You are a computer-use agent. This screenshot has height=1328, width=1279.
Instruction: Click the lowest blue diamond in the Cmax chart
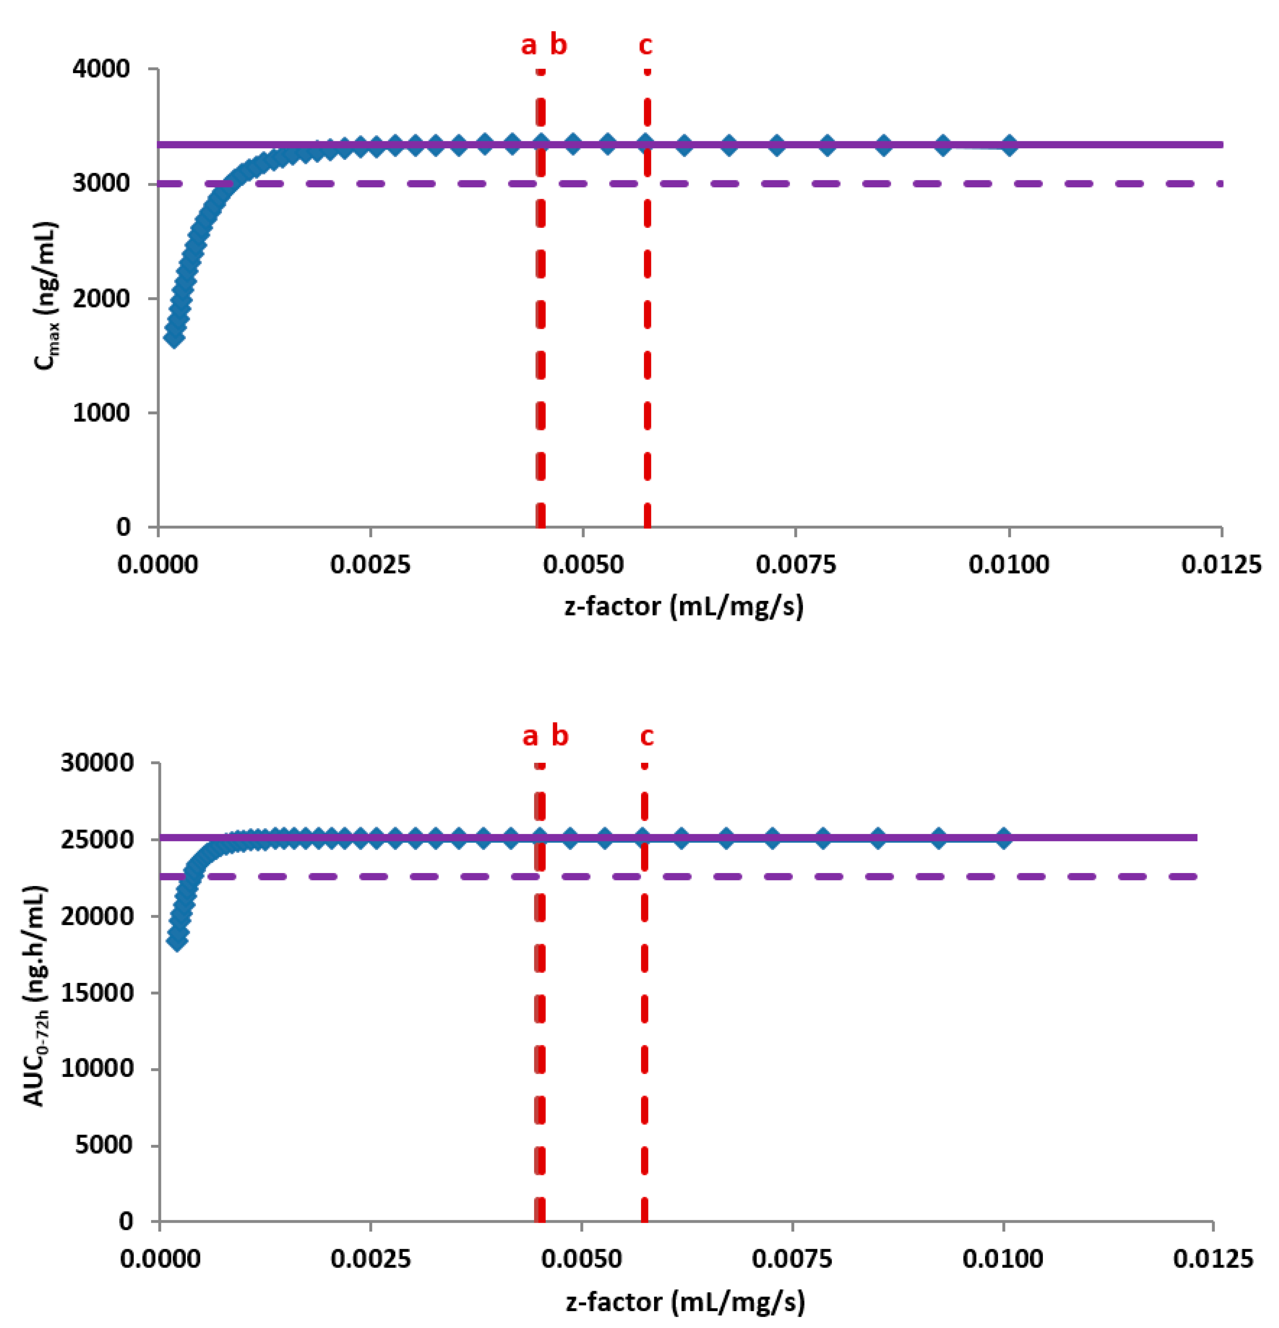174,337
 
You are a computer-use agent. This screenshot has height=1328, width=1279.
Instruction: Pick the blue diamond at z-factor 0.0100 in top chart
1009,145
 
